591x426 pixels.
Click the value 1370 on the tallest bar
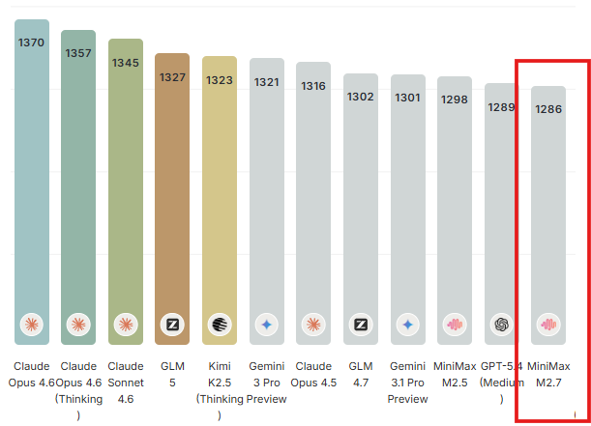click(31, 43)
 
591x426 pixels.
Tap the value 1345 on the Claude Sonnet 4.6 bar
click(126, 63)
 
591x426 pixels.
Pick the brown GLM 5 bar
click(172, 193)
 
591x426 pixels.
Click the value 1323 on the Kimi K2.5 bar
click(220, 80)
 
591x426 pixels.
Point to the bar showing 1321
click(267, 193)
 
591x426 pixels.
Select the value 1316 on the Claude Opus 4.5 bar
click(313, 86)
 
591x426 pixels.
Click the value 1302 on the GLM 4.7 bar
click(361, 97)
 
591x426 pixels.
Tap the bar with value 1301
click(408, 203)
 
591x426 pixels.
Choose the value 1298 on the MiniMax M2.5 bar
click(455, 99)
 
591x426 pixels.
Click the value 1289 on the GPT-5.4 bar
click(502, 106)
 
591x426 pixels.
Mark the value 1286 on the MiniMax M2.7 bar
click(548, 110)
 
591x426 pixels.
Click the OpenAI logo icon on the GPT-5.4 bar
click(502, 325)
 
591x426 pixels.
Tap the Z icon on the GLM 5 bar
click(172, 325)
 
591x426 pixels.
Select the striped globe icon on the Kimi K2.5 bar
click(220, 325)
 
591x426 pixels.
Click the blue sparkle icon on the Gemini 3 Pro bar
click(267, 325)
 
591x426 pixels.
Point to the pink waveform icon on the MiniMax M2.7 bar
click(548, 325)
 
